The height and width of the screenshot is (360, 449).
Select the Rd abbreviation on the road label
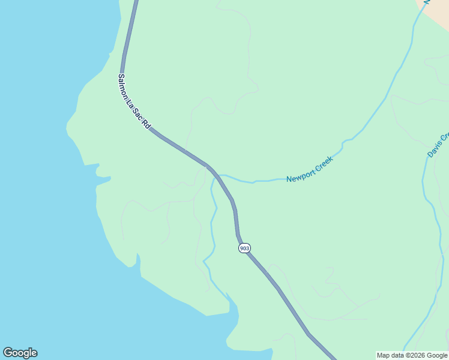146,125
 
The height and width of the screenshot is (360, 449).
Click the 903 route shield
244,248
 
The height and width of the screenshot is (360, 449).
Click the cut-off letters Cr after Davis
445,136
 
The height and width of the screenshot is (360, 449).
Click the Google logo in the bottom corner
20,353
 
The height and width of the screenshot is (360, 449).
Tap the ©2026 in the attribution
418,356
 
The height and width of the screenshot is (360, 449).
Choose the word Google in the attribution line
438,356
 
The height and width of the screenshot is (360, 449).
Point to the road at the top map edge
136,2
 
